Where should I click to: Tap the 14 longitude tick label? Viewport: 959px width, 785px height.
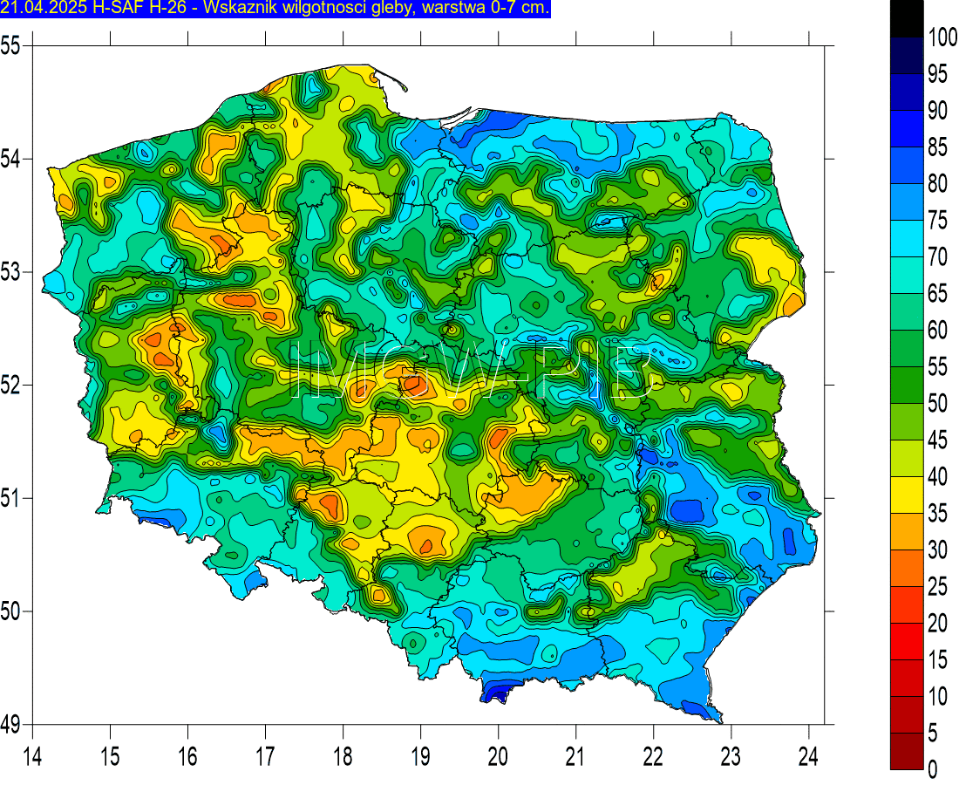(x=32, y=755)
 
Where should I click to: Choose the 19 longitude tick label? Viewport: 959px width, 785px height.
(x=420, y=755)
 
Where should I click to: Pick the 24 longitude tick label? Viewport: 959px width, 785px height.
(x=809, y=755)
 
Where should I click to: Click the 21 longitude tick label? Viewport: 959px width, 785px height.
(x=575, y=755)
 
